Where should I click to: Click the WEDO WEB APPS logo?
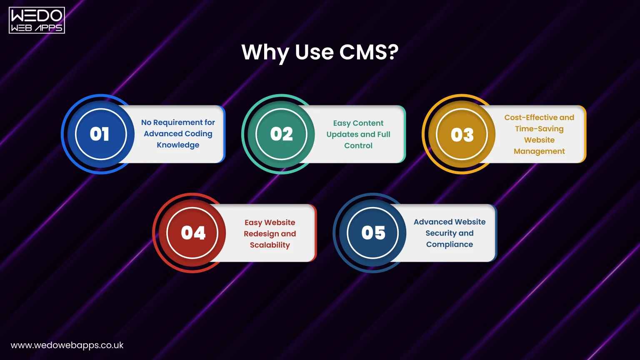coord(37,20)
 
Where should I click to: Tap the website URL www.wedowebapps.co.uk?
coord(67,345)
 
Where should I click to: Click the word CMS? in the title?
coord(369,52)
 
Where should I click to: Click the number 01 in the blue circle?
coord(100,134)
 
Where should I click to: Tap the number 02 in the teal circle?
coord(281,134)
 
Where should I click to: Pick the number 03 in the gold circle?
coord(462,135)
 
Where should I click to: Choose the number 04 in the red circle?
coord(193,233)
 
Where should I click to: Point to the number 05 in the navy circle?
coord(373,233)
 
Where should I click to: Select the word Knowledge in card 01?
coord(178,145)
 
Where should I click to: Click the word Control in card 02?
coord(358,146)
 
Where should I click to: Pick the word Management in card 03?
coord(539,152)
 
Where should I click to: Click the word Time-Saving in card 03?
coord(539,129)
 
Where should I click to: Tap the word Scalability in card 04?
coord(270,245)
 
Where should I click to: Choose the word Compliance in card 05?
coord(449,245)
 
